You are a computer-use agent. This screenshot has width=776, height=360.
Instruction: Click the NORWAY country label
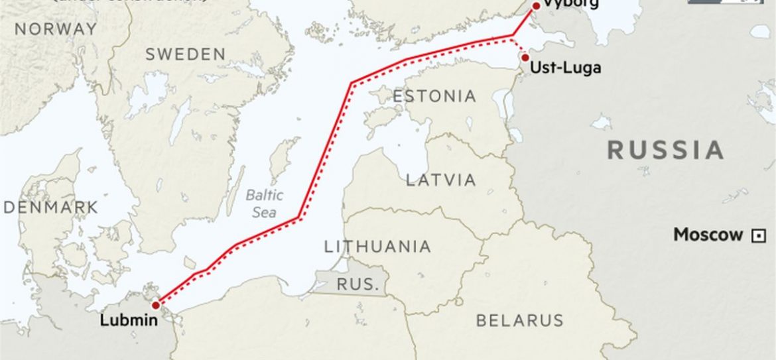coord(56,29)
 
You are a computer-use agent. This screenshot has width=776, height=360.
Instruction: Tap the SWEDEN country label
coord(186,54)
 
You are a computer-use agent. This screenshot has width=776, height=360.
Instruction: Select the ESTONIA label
coord(434,96)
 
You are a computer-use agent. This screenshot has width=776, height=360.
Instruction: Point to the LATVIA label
coord(441,180)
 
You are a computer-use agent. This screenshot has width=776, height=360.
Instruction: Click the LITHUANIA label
coord(377,247)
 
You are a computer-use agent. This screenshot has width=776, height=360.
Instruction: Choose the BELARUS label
coord(520,320)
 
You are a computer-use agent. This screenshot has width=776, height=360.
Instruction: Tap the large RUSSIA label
coord(665,150)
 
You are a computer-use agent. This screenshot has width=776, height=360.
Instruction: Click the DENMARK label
coord(50,208)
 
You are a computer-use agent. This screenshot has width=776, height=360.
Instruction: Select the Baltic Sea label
coord(264,204)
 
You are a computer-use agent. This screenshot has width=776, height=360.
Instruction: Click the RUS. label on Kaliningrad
coord(358,284)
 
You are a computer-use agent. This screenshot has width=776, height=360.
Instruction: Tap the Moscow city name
coord(708,235)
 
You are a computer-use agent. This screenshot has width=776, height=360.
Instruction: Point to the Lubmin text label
coord(129,320)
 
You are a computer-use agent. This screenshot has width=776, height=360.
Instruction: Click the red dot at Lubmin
coord(155,306)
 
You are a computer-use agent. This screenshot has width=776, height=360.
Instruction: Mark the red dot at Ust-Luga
coord(525,58)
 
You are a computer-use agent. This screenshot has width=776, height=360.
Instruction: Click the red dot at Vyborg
coord(536,5)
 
